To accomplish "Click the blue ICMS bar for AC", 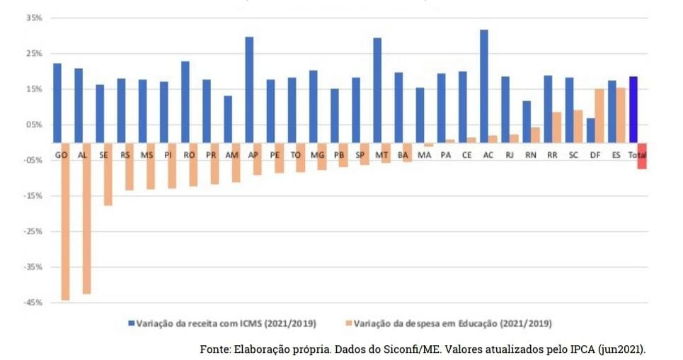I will coord(483,86).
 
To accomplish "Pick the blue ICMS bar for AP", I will coord(249,89).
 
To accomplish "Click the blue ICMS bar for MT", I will coord(377,90).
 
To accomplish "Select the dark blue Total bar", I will coord(633,109).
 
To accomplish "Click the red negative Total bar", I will coord(642,156).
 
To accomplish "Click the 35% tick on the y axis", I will coord(33,17).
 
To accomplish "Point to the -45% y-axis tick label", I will coord(31,303).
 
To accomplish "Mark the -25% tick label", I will coord(31,231).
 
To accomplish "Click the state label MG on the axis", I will coord(317,153).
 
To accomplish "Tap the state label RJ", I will coord(510,153).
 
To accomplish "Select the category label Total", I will coord(638,153).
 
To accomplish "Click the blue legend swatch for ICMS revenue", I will coord(132,323).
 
